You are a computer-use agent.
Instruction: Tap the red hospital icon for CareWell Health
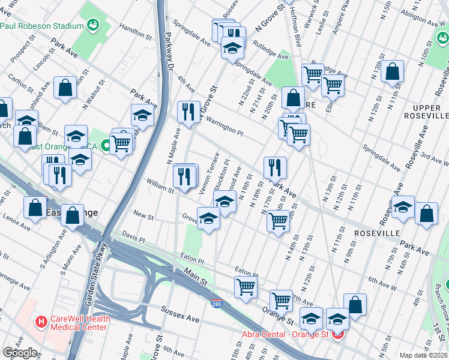[41, 322]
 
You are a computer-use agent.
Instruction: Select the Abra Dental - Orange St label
[284, 334]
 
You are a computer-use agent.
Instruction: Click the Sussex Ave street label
[179, 313]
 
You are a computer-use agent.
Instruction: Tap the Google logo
[20, 353]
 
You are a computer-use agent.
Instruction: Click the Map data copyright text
[423, 355]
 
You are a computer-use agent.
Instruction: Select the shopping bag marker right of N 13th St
[392, 71]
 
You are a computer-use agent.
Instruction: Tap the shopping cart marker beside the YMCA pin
[122, 143]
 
